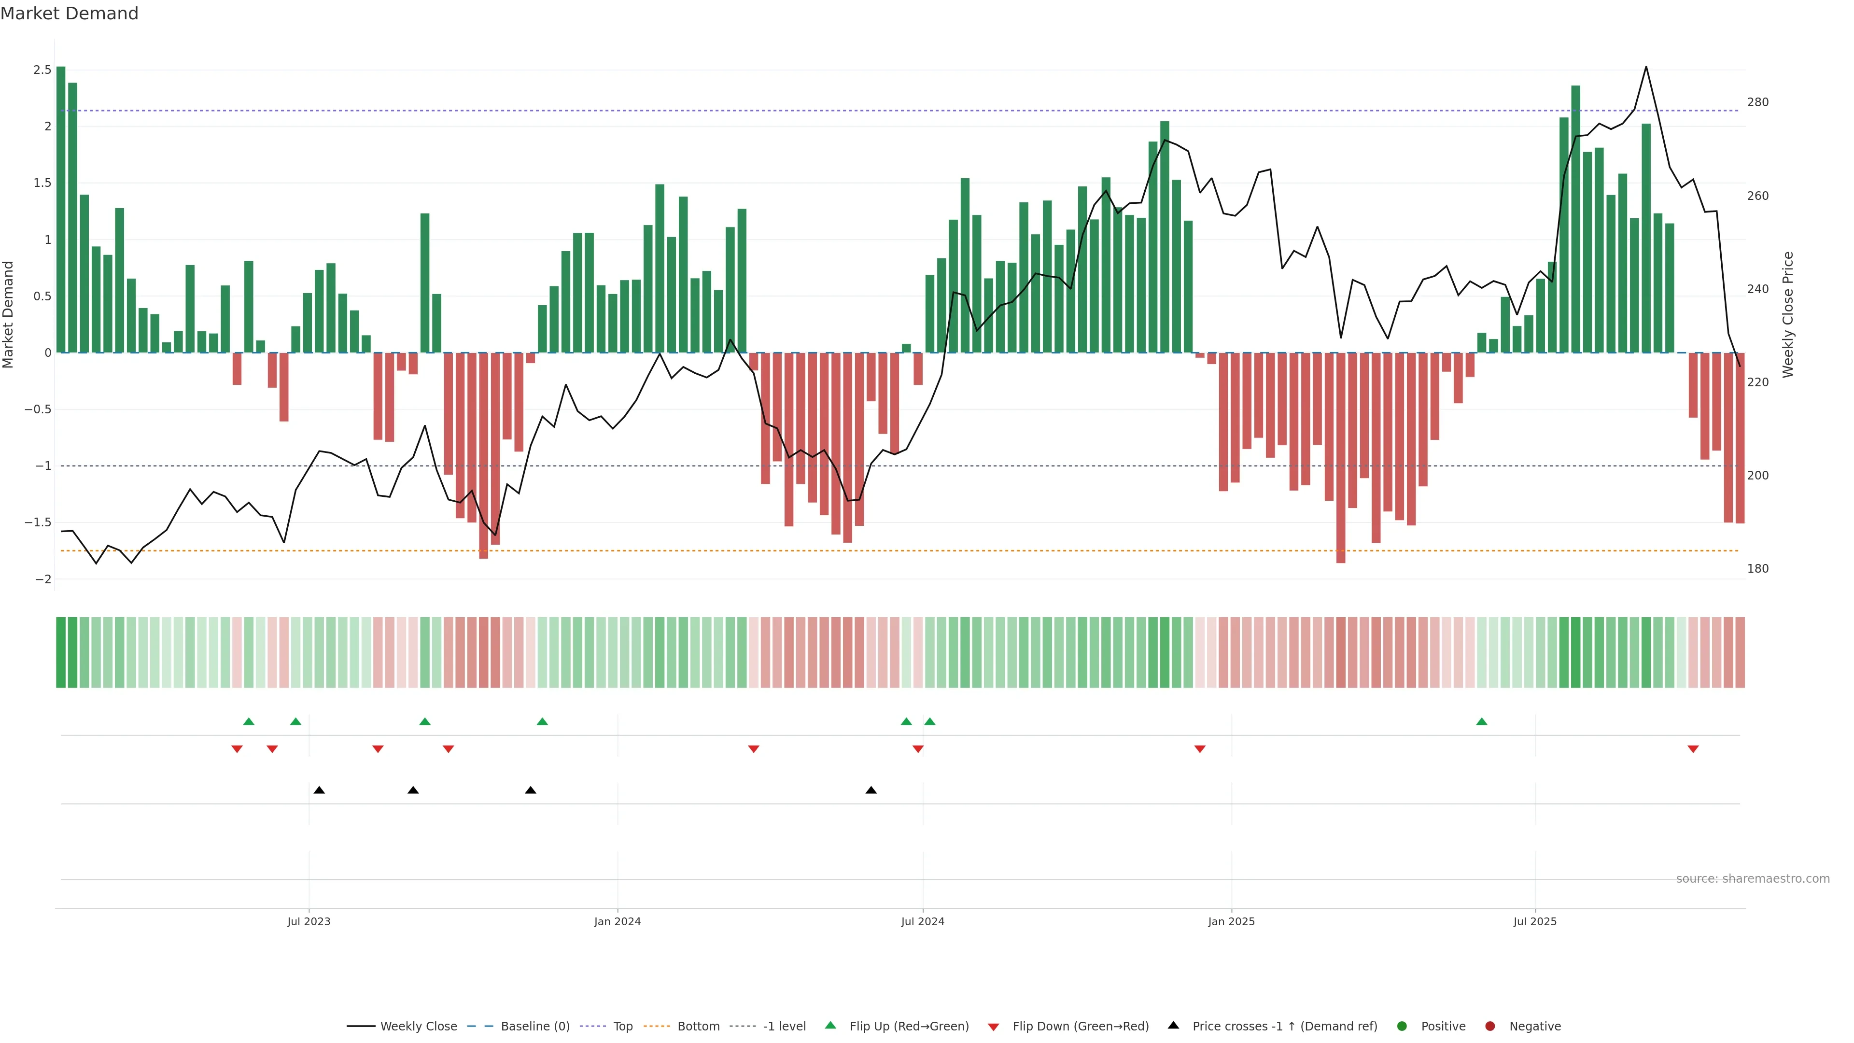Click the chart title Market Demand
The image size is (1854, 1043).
point(69,14)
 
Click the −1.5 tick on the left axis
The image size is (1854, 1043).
point(38,522)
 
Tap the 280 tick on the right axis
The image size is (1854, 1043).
point(1757,102)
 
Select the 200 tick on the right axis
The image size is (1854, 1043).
point(1757,476)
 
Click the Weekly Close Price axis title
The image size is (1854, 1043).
point(1788,314)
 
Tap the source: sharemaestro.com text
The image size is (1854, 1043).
point(1753,879)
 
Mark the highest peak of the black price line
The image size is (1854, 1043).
point(1646,68)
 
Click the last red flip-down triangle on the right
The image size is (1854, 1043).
point(1693,749)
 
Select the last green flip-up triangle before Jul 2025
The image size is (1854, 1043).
point(1481,721)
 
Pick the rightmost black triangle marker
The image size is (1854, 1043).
point(871,790)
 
